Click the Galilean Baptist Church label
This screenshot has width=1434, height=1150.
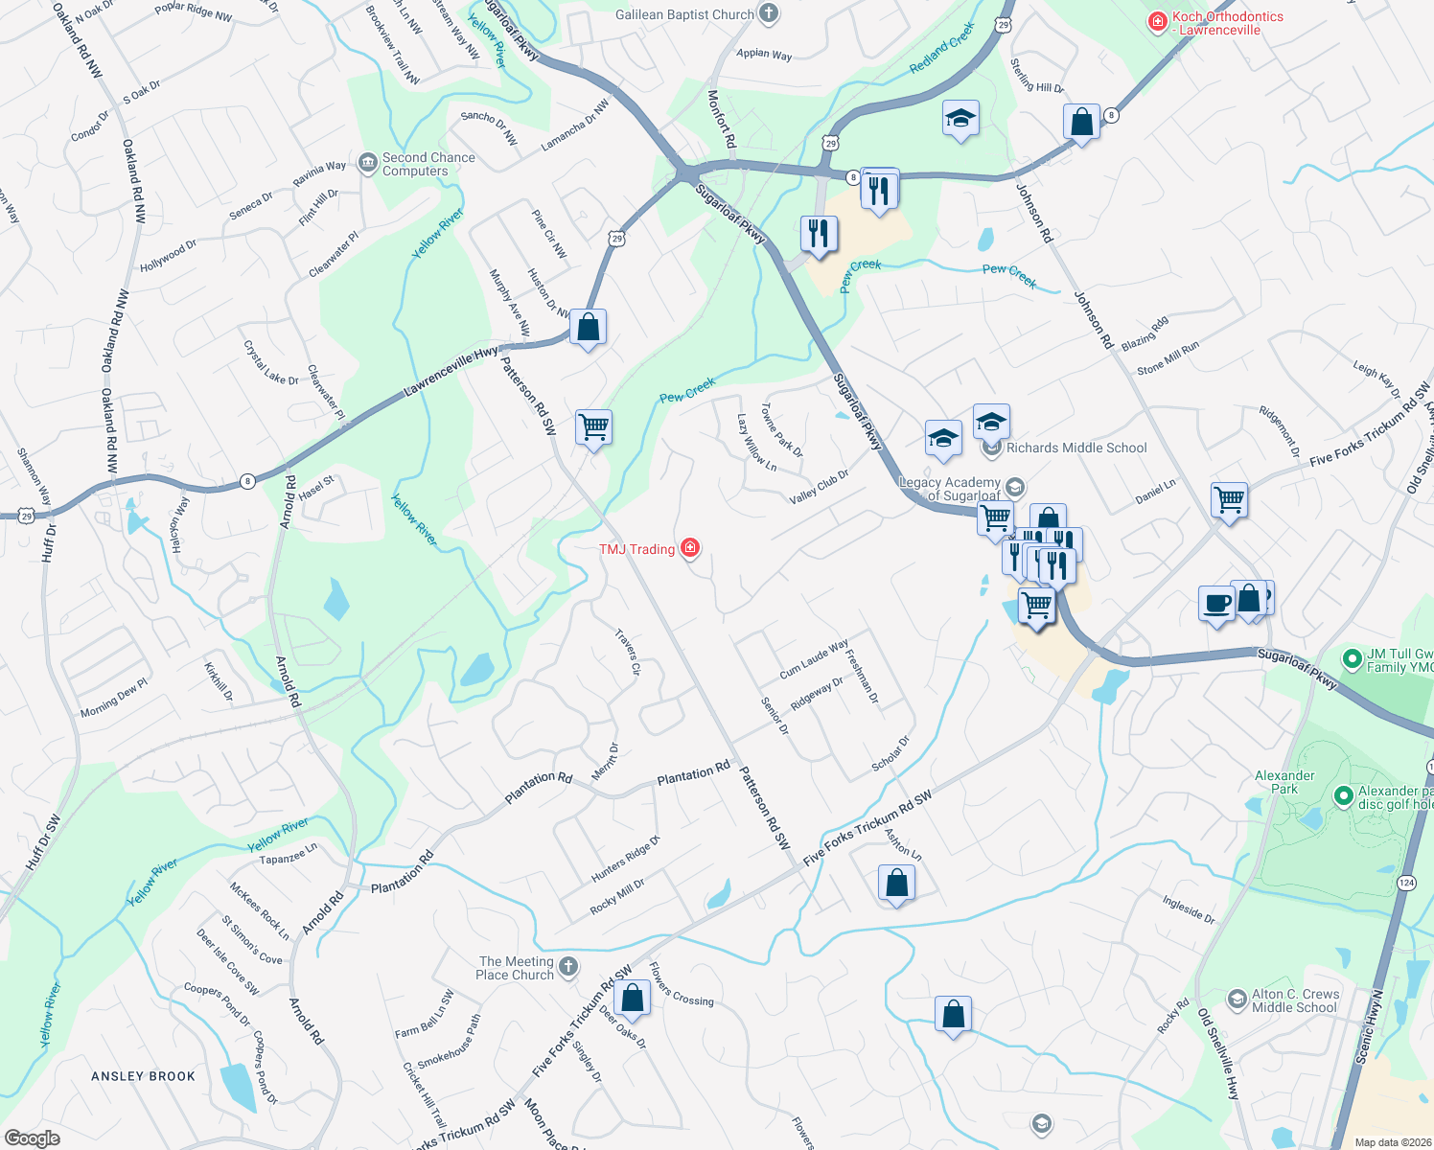tap(684, 14)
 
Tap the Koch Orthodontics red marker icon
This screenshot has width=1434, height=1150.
tap(1158, 20)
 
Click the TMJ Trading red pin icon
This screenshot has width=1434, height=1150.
tap(689, 548)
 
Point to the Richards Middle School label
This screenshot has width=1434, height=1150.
tap(1075, 448)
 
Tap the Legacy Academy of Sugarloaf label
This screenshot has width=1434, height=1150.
tap(950, 489)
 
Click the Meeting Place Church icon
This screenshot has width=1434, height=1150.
tap(568, 966)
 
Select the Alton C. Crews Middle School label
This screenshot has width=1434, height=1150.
tap(1295, 1000)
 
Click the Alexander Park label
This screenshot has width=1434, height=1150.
tap(1284, 782)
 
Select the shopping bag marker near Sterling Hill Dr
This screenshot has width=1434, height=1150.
tap(1081, 122)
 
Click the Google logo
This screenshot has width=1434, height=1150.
tap(32, 1138)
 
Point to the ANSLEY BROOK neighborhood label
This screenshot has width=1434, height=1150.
tap(143, 1076)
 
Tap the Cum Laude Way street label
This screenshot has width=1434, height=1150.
tap(814, 659)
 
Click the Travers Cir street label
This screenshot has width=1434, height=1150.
tap(628, 653)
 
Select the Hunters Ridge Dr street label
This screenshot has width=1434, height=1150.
tap(625, 859)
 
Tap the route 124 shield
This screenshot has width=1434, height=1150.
tap(1406, 882)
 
